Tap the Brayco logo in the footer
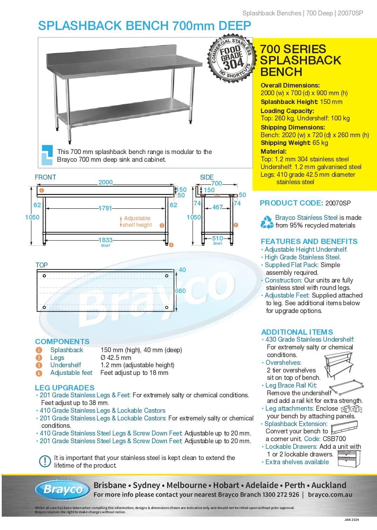tap(63, 489)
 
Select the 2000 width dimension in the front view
tap(105, 182)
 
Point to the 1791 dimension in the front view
tap(105, 208)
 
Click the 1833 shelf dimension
tap(105, 240)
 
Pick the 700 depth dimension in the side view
tap(217, 183)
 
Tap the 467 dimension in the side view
tap(217, 207)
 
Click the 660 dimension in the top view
tap(180, 291)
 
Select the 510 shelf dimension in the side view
tap(217, 238)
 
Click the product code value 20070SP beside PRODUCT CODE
tap(338, 203)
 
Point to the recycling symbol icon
tap(267, 222)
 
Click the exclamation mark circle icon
tap(45, 461)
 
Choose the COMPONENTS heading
tap(62, 341)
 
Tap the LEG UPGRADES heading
tap(64, 388)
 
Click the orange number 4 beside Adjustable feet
tap(39, 373)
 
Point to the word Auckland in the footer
tap(329, 485)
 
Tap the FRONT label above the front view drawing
tap(45, 177)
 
